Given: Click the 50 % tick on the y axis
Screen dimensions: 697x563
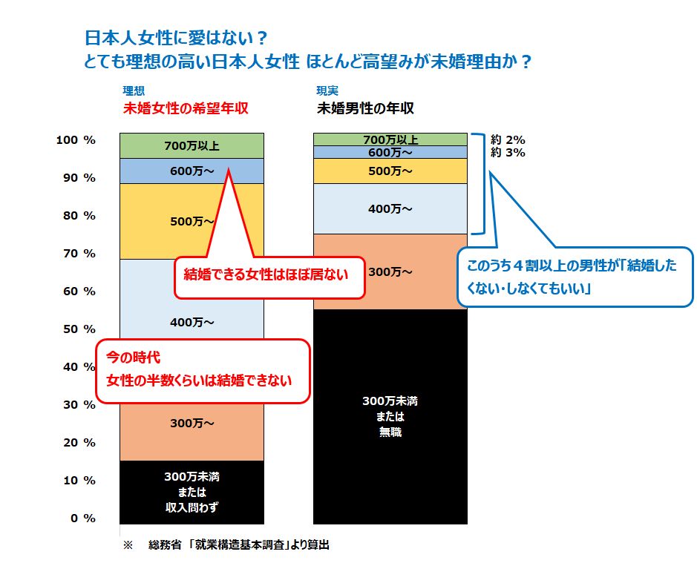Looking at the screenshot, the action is [77, 329].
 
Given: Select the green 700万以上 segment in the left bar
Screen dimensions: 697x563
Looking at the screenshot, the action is [192, 145].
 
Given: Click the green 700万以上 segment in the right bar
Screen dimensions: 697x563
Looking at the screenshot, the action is [390, 139].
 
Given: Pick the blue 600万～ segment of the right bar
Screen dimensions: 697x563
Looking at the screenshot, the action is [390, 152].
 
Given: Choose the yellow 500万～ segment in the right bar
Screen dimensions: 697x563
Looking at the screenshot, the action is [390, 171].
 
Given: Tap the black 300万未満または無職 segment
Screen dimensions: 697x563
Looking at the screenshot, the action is [390, 416].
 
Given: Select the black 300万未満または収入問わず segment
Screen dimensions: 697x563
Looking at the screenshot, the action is [192, 492].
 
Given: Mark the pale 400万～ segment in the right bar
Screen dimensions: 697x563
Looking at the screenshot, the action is [390, 208].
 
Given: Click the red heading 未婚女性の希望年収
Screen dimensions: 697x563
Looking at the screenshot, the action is [185, 108].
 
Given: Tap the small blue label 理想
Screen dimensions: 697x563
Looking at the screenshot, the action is [134, 91].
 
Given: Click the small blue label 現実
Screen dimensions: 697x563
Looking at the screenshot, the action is [327, 91].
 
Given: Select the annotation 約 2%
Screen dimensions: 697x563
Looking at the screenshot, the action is [508, 139].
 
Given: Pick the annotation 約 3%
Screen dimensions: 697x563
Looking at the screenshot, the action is [508, 153].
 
